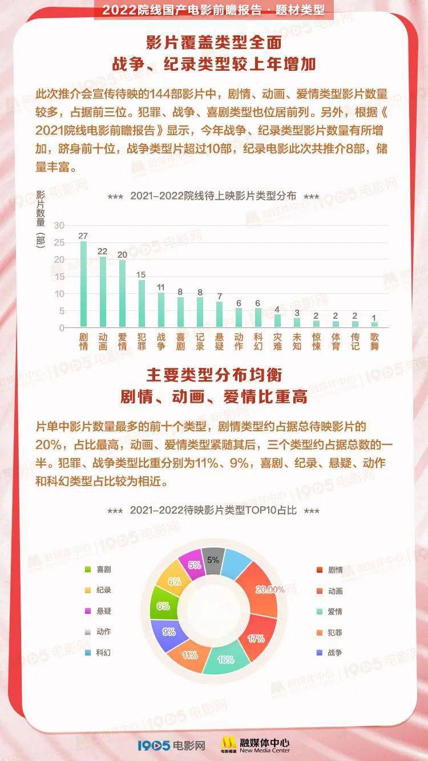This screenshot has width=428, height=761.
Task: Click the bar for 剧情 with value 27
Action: pyautogui.click(x=83, y=284)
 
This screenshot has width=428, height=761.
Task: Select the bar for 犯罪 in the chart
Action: pyautogui.click(x=142, y=303)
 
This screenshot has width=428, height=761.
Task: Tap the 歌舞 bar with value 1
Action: pyautogui.click(x=374, y=325)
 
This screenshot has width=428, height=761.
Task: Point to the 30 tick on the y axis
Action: pyautogui.click(x=59, y=225)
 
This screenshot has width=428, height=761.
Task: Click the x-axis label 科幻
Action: pyautogui.click(x=258, y=341)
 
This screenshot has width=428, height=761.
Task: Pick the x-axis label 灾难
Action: pyautogui.click(x=277, y=341)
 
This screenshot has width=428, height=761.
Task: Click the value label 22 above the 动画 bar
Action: pyautogui.click(x=103, y=251)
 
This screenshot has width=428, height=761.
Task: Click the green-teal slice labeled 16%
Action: pyautogui.click(x=226, y=659)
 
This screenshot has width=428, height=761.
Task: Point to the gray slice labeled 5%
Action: pyautogui.click(x=212, y=560)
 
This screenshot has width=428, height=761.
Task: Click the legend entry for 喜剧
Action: pyautogui.click(x=98, y=569)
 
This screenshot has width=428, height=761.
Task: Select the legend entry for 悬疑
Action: pyautogui.click(x=98, y=611)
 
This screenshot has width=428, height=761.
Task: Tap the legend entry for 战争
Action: pyautogui.click(x=330, y=653)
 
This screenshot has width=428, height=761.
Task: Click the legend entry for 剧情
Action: pyautogui.click(x=330, y=570)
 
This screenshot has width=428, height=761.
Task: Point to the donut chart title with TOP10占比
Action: pyautogui.click(x=213, y=511)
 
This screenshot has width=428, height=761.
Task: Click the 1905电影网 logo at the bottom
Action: pyautogui.click(x=171, y=745)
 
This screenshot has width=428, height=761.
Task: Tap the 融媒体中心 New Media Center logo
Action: pyautogui.click(x=255, y=744)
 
